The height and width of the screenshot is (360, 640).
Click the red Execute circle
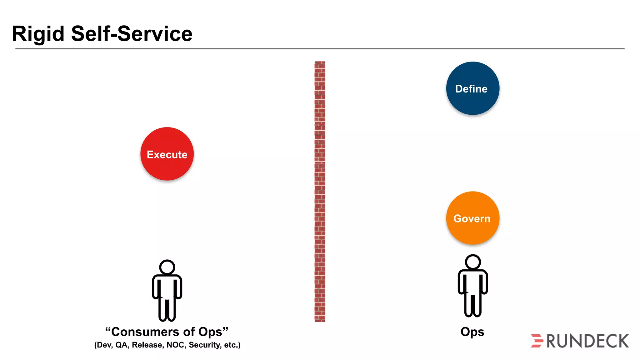click(x=167, y=154)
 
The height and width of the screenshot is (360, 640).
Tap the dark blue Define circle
click(x=472, y=88)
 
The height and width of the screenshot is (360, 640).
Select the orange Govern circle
click(x=472, y=218)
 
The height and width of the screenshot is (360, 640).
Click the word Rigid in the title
click(x=38, y=34)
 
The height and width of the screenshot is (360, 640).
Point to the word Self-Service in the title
click(x=132, y=34)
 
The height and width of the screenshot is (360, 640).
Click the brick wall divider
click(x=320, y=191)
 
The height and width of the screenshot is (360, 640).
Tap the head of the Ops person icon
click(x=472, y=262)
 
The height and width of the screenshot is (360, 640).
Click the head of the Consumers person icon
click(x=167, y=267)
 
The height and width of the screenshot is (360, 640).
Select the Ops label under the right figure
click(x=472, y=332)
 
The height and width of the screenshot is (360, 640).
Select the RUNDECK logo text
click(x=587, y=341)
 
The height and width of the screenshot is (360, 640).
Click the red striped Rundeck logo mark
click(x=537, y=341)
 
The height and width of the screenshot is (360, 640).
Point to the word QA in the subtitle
click(x=122, y=345)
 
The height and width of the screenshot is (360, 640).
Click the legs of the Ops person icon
click(x=472, y=305)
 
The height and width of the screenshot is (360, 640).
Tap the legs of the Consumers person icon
click(x=167, y=309)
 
